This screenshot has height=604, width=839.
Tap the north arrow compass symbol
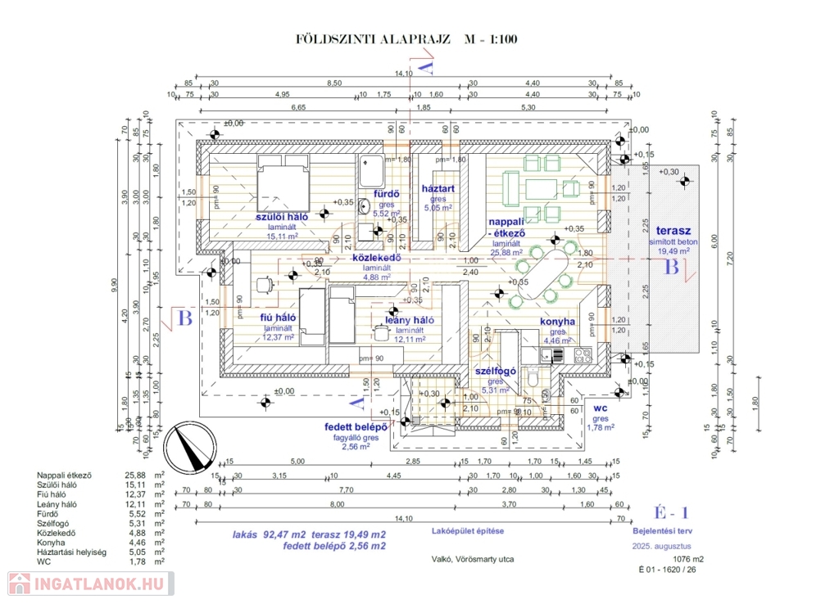point(188,447)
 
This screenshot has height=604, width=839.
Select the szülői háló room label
point(281,218)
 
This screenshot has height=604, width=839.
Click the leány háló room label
point(410,320)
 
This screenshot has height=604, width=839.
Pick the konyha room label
point(557,322)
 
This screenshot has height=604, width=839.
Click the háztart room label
point(438,188)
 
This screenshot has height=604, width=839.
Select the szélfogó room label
point(496,371)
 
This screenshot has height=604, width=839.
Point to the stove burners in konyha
point(583,354)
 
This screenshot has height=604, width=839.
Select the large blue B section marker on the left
point(185,318)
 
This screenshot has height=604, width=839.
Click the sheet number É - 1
point(670,512)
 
